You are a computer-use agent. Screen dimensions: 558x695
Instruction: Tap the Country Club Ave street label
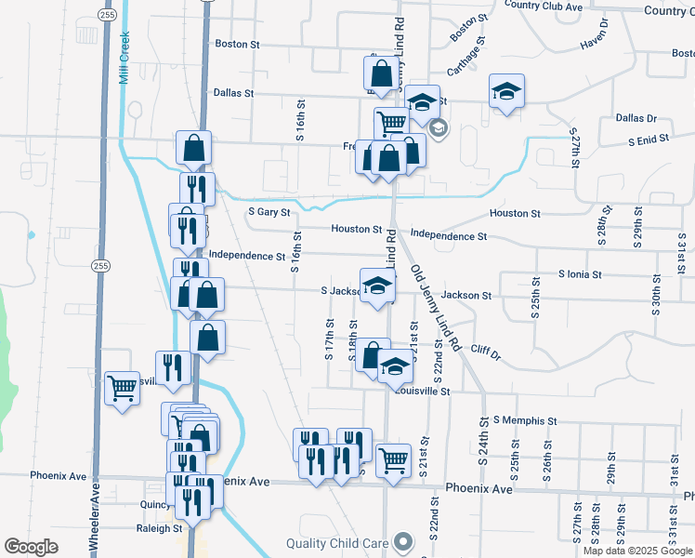(544, 6)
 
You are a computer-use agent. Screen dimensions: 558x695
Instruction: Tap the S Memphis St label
(525, 420)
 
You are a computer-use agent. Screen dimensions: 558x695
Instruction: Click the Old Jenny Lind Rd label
(436, 307)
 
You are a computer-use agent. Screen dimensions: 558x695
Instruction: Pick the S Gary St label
(269, 212)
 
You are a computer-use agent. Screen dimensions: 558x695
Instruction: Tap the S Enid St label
(649, 140)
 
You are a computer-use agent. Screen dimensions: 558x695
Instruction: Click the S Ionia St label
(581, 275)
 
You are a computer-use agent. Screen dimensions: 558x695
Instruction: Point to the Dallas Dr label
(636, 119)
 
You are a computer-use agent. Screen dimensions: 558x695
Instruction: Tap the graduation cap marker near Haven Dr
(506, 91)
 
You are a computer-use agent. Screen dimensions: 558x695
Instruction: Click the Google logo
(32, 547)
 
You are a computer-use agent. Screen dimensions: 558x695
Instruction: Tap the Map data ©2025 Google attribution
(636, 551)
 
